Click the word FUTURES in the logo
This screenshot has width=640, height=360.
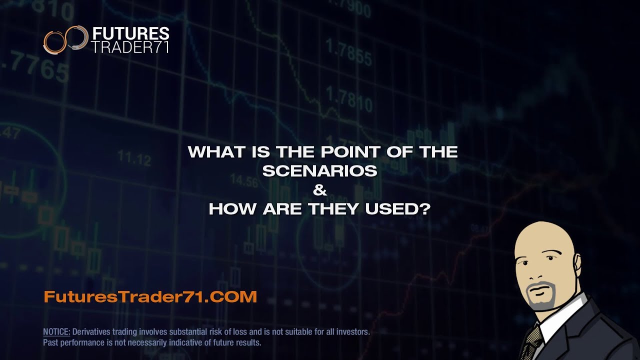[131, 34]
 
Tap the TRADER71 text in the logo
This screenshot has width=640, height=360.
[131, 47]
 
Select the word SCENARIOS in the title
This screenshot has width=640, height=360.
[320, 171]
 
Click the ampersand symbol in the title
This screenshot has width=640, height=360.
[319, 190]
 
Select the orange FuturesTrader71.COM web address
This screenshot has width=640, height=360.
[150, 296]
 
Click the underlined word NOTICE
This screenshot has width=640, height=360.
[57, 332]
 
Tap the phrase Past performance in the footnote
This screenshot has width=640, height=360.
[70, 343]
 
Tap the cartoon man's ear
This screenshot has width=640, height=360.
[576, 265]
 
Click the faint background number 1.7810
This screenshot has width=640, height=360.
[349, 98]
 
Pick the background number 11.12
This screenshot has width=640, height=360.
[134, 159]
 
